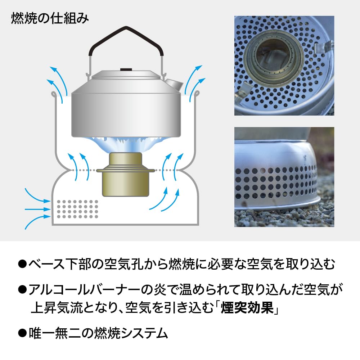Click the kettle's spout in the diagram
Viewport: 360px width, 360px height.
tap(173, 84)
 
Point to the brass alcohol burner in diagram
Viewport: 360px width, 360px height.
tap(125, 175)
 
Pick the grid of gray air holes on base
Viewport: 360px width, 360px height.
tap(77, 209)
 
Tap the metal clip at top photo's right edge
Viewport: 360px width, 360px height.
tap(323, 47)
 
